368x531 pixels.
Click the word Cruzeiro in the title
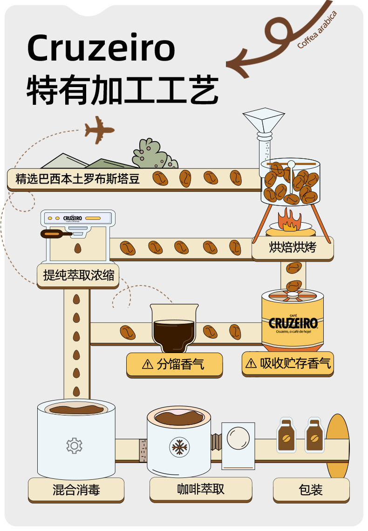(x=101, y=48)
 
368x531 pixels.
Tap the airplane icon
(x=99, y=129)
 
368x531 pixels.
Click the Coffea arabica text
(x=317, y=29)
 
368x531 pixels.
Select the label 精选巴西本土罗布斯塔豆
(x=78, y=178)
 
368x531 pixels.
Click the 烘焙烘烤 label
(x=293, y=247)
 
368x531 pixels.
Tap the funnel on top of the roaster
(x=264, y=120)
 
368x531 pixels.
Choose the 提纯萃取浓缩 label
(x=78, y=275)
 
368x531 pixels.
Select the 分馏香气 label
(x=174, y=364)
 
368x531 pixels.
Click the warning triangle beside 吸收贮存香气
(x=251, y=363)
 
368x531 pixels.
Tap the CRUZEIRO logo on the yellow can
(x=293, y=322)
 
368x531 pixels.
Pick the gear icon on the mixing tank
(x=74, y=445)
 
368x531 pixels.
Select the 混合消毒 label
(x=76, y=490)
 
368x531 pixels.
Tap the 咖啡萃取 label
(x=201, y=489)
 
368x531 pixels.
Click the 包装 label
(x=311, y=490)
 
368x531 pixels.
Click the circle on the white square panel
(x=238, y=438)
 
